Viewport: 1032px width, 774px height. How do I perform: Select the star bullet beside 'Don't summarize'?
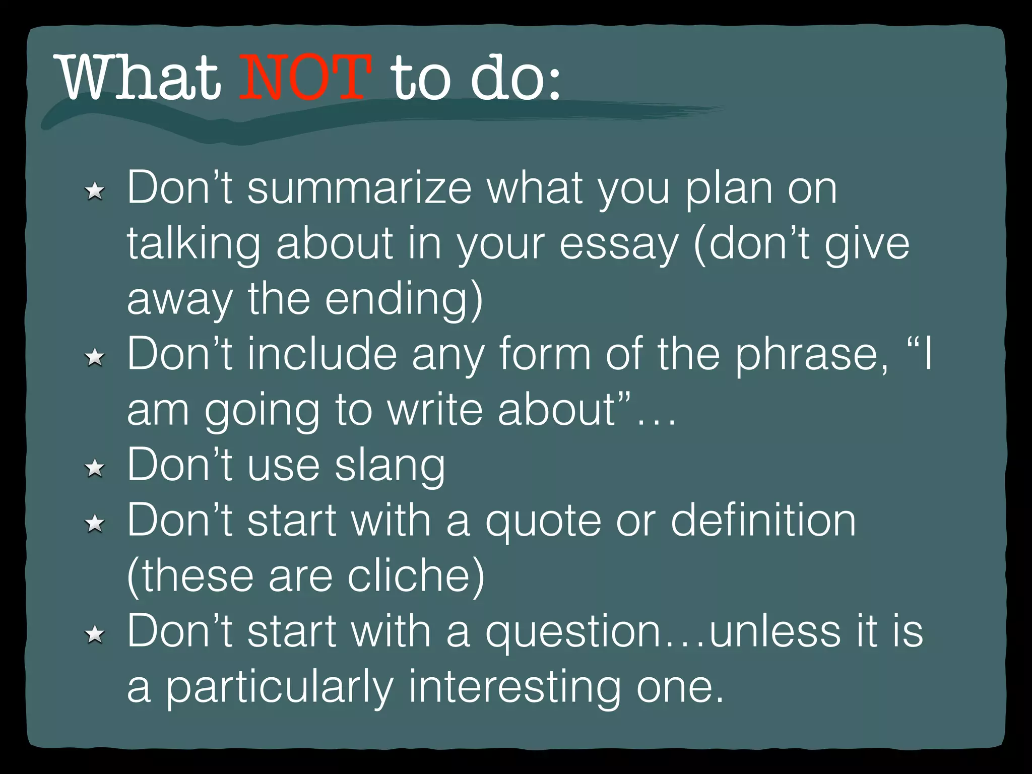click(95, 192)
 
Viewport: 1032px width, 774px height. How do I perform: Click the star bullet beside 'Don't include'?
click(95, 358)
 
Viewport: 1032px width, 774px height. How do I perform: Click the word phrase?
click(811, 355)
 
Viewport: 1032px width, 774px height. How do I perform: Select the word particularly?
click(279, 688)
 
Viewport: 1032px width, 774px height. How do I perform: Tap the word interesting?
click(514, 688)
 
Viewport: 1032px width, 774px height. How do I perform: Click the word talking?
click(193, 244)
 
